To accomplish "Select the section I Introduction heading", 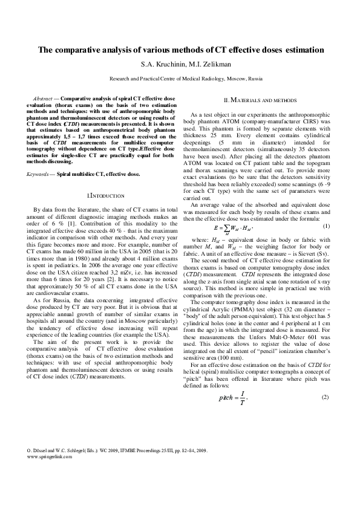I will click(106, 196).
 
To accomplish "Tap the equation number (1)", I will click(325, 226).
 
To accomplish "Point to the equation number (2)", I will click(325, 397).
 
